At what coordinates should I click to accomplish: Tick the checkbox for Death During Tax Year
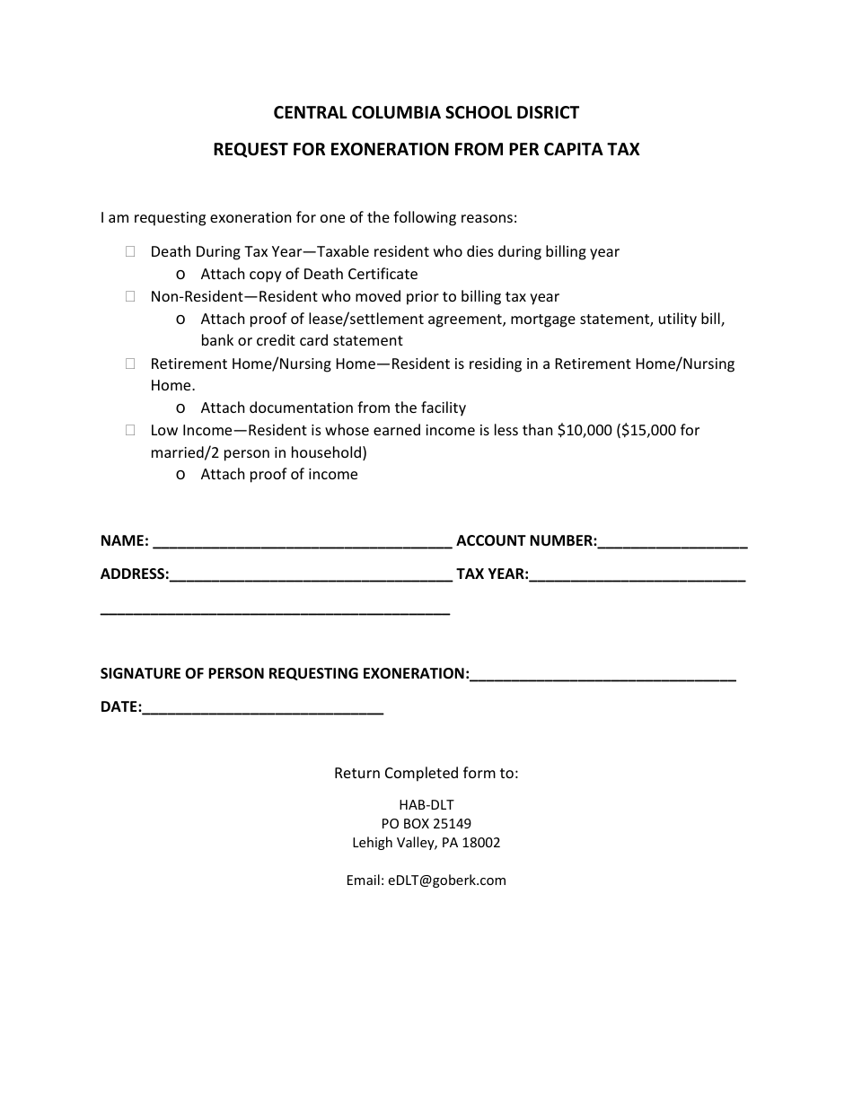pos(131,252)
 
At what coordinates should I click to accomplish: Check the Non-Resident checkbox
pos(131,296)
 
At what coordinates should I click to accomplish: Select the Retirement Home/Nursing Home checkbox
pos(131,364)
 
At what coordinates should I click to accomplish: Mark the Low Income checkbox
pos(131,430)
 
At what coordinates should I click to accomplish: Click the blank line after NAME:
pos(303,542)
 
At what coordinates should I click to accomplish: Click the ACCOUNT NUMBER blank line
pos(673,542)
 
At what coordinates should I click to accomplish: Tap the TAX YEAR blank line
pos(637,575)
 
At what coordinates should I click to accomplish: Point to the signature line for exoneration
pos(602,675)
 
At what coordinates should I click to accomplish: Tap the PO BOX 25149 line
pos(426,824)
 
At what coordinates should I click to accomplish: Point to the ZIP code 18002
pos(481,844)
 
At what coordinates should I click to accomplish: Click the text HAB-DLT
pos(426,805)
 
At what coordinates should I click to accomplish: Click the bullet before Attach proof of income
pos(182,475)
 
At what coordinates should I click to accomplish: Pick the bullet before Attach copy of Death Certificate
pos(182,275)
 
